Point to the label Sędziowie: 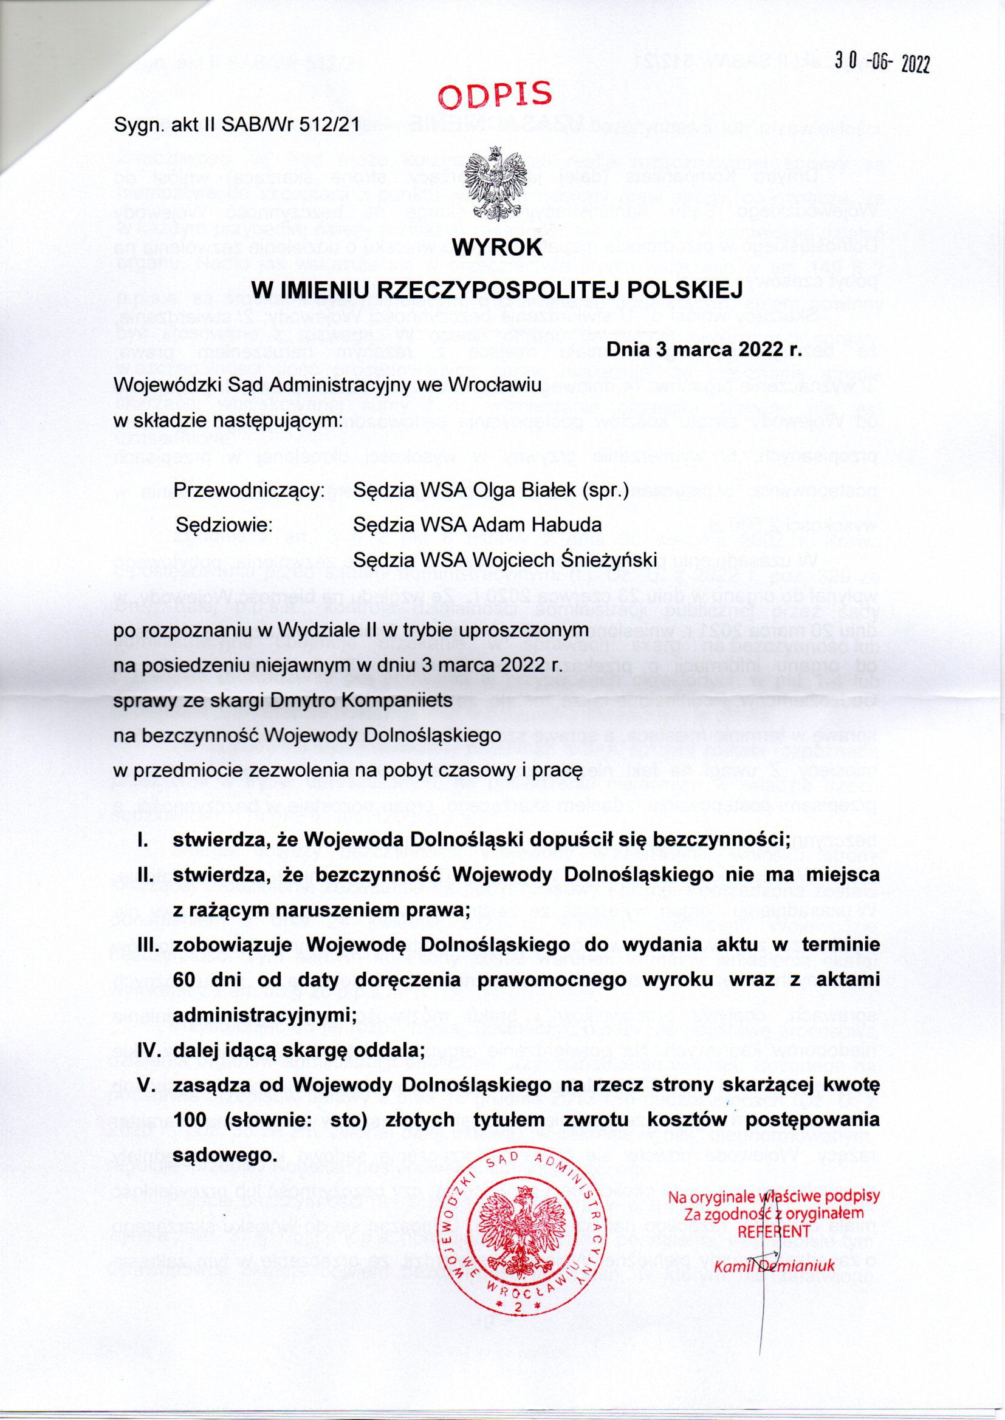[x=225, y=525]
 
